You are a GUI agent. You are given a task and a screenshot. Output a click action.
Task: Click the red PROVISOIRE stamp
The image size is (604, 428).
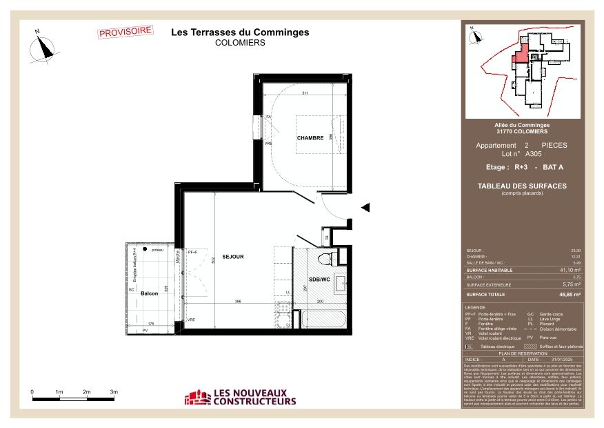point(125,32)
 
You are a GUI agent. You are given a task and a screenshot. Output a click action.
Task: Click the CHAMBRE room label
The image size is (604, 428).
point(310,138)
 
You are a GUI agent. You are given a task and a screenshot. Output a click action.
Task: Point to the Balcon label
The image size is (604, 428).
point(150,293)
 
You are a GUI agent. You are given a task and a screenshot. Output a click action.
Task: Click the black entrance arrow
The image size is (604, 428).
point(365,207)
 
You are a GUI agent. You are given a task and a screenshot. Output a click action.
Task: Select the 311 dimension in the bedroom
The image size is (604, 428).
point(303,93)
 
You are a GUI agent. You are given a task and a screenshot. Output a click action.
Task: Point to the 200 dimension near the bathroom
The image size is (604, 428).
point(319,302)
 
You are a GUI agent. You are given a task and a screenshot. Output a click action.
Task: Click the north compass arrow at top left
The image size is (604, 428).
point(46,46)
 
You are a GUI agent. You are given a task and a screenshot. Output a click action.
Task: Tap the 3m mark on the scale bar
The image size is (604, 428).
point(114,392)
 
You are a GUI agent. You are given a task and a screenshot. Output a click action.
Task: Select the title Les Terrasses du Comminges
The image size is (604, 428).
point(240,32)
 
